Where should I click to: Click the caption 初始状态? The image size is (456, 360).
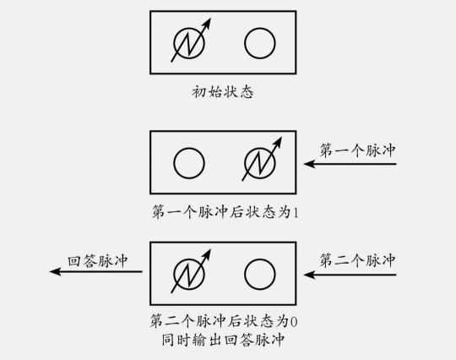point(223,92)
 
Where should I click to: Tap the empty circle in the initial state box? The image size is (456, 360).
point(260,29)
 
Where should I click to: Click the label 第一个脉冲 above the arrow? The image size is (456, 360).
point(357,150)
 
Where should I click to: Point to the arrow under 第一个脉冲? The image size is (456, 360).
point(350,164)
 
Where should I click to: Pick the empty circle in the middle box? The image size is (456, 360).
point(189,149)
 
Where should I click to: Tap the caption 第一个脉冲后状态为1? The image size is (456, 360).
point(225,211)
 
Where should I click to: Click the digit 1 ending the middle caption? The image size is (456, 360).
point(296,212)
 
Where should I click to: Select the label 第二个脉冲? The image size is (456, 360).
point(357,260)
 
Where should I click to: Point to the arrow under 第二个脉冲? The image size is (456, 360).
point(350,275)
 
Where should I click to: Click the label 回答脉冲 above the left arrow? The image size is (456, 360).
point(98,261)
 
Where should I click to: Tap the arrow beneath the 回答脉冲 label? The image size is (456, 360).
point(96,272)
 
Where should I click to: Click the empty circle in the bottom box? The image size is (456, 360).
point(260,259)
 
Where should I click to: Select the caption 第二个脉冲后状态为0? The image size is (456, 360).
point(224,321)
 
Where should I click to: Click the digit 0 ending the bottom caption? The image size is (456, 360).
point(294,322)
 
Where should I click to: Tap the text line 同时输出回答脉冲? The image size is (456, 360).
point(223,340)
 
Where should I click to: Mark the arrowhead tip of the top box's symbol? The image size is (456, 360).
point(211,19)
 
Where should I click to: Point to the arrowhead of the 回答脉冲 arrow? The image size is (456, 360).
point(50,272)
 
